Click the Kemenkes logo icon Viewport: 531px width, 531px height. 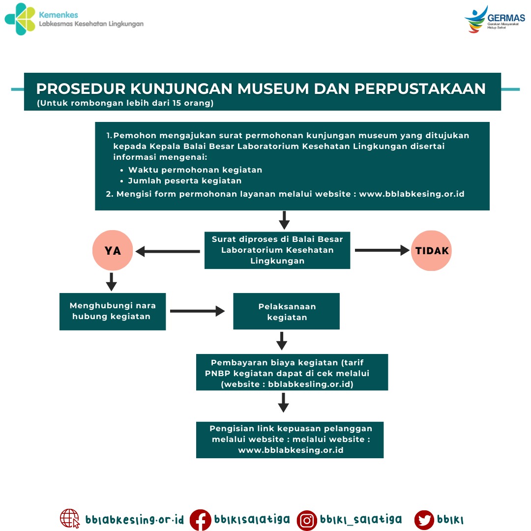pos(20,19)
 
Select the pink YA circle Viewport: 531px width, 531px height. pos(113,251)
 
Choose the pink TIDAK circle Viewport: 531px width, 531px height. pos(432,251)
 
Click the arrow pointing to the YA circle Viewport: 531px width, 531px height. pos(167,252)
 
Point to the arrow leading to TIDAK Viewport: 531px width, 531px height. pos(382,251)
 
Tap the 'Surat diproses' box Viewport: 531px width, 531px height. pos(277,250)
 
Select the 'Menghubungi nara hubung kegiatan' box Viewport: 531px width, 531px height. pos(113,311)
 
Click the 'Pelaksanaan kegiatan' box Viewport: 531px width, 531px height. pos(287,311)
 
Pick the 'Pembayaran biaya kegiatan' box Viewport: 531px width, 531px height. pos(292,372)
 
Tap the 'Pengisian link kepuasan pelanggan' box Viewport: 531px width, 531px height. pos(290,440)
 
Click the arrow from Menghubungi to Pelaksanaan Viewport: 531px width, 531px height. pos(197,311)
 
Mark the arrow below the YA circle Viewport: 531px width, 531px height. pos(112,282)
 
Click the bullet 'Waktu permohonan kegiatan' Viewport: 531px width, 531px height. pos(195,170)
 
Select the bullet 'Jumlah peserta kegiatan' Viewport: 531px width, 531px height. pos(185,181)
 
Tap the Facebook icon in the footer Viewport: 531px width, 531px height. pos(201,520)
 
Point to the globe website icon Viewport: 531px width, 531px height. pos(70,519)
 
